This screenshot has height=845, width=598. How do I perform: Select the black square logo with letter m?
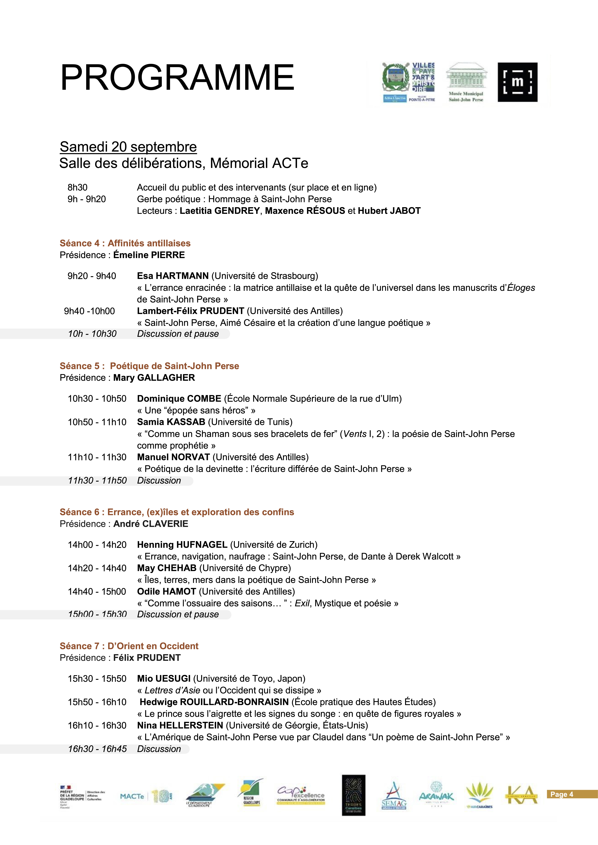(x=517, y=82)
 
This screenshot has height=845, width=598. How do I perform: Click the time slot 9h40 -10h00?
(x=89, y=311)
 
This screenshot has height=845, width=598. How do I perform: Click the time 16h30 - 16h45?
(x=97, y=749)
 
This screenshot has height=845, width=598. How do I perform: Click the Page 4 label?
(x=562, y=794)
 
